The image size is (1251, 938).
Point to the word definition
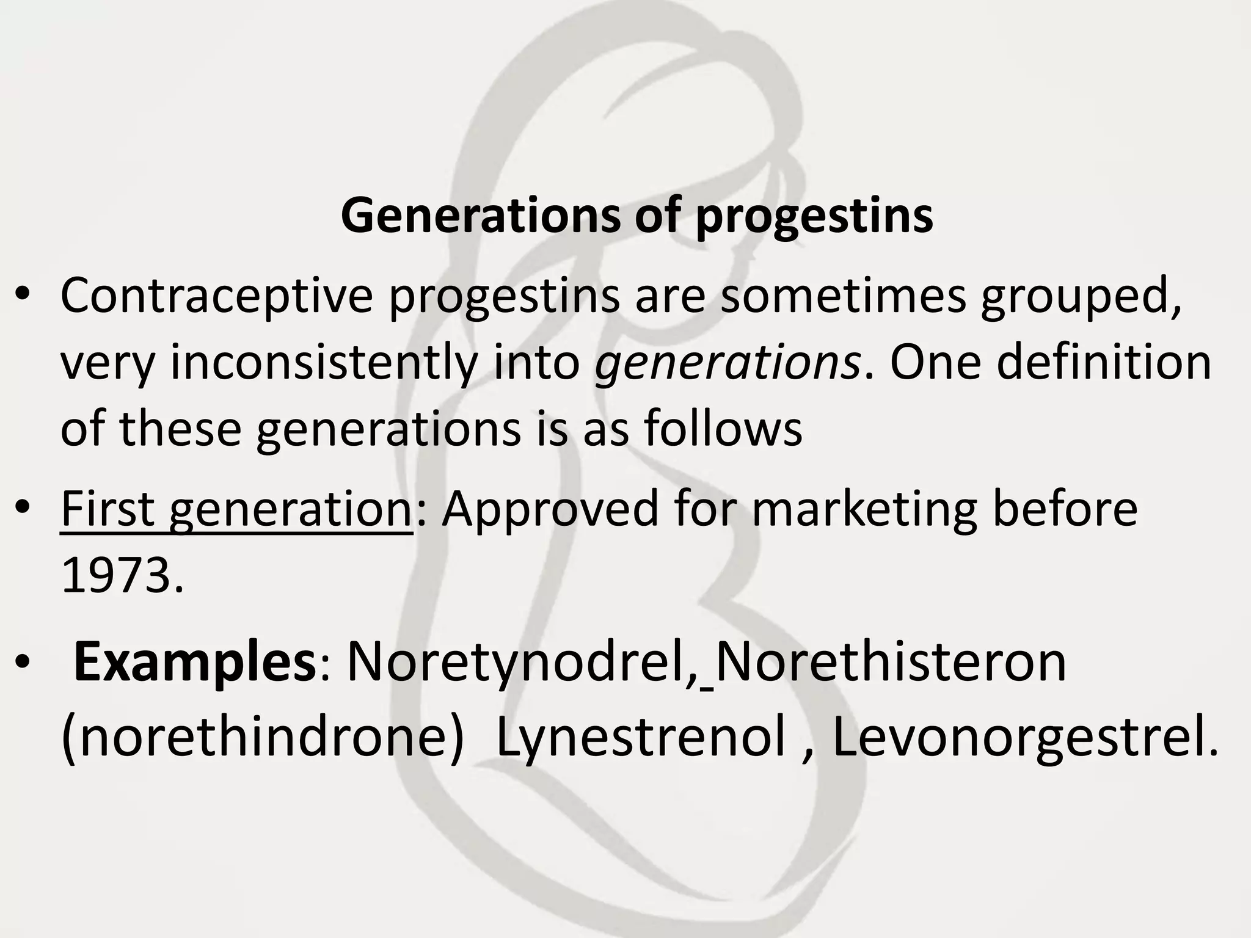(1104, 363)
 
